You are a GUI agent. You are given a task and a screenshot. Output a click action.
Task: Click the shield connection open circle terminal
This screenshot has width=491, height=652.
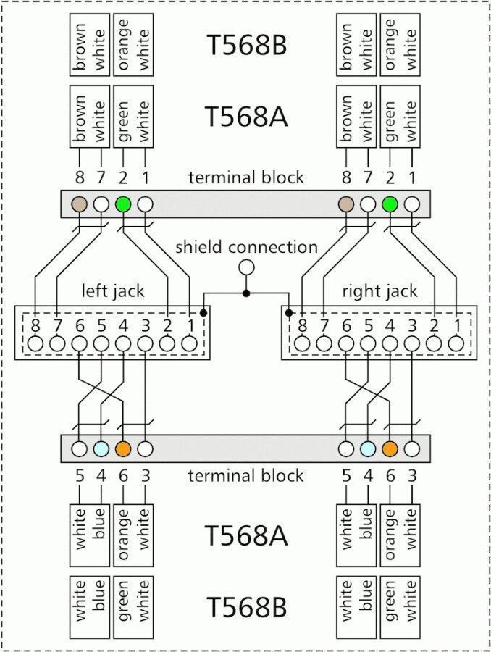246,268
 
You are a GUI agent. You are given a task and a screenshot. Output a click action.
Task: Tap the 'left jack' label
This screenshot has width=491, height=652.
113,291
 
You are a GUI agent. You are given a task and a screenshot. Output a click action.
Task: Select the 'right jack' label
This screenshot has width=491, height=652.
379,291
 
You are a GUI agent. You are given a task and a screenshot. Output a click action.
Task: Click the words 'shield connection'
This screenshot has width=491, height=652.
246,247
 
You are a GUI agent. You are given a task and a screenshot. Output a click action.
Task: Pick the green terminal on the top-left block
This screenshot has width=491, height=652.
124,204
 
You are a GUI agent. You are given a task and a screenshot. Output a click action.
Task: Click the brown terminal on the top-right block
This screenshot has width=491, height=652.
346,204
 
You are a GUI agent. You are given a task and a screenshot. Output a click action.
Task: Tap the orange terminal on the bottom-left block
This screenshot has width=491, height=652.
124,448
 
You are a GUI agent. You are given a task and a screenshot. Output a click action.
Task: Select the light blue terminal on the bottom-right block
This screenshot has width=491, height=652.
368,448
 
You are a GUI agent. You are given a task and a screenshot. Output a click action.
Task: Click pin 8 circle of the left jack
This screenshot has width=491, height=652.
35,343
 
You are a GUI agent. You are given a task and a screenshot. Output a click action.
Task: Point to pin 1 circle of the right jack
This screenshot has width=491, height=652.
456,343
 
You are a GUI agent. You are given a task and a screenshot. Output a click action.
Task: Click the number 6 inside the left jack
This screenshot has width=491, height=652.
80,325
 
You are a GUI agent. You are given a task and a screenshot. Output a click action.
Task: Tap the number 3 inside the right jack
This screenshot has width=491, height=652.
412,325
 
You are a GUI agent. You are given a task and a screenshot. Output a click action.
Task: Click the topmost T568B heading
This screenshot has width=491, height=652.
246,45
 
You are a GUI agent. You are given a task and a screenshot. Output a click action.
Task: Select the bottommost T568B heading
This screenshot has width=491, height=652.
246,607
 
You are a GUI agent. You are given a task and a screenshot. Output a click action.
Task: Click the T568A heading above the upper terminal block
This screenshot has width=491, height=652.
246,117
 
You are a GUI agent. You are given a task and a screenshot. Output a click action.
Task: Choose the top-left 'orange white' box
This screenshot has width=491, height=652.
133,45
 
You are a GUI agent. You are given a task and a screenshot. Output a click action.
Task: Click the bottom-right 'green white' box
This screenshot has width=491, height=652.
400,607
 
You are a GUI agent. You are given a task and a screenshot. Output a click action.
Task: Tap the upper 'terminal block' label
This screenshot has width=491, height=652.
246,177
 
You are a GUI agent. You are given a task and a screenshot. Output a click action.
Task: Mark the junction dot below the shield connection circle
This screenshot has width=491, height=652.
246,293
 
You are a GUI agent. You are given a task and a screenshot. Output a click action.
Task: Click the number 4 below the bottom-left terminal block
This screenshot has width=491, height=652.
101,475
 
